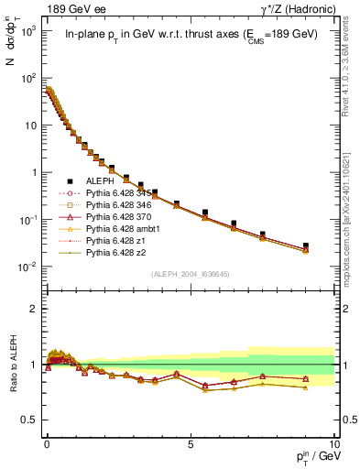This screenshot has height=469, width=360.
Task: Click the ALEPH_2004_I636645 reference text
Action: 190,274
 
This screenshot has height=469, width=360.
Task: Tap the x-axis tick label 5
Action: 190,442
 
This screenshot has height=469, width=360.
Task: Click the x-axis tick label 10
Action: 333,442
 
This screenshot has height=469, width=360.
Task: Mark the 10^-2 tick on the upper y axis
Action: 29,267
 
